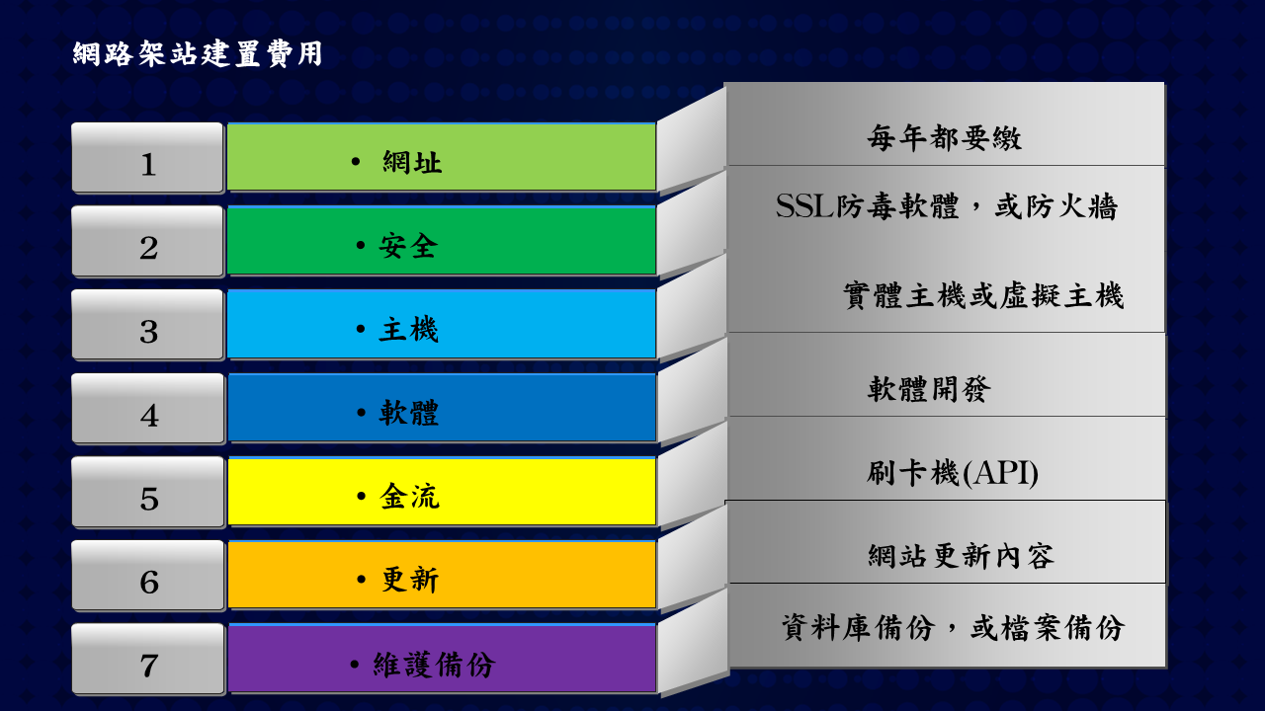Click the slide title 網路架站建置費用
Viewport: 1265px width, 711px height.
(x=198, y=54)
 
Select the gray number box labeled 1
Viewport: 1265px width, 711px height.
(x=148, y=158)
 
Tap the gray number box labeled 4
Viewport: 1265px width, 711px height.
(x=148, y=409)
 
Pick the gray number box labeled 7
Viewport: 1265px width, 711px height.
(x=148, y=659)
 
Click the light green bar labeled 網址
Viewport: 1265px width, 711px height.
(x=442, y=157)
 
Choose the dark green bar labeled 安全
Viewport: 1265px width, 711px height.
(x=442, y=240)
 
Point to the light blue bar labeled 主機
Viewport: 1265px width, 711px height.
(x=442, y=324)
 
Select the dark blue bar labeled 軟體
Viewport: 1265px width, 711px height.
(x=442, y=408)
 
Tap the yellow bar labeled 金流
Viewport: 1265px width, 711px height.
(x=442, y=491)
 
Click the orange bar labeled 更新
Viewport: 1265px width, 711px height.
(x=442, y=575)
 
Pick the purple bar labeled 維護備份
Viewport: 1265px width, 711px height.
(x=442, y=658)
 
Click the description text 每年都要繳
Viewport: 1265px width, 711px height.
(x=945, y=138)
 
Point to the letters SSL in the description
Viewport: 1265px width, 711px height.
(x=804, y=206)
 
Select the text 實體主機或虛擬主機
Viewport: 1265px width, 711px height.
(x=983, y=295)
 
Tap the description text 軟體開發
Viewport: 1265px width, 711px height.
(x=929, y=389)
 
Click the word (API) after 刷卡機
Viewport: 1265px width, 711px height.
(x=999, y=473)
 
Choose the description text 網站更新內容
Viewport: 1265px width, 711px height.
(x=961, y=556)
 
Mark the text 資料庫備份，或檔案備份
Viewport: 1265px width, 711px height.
(x=953, y=627)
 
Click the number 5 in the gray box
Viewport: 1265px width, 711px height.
(x=149, y=500)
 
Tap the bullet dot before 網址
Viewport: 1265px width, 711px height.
(x=355, y=162)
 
